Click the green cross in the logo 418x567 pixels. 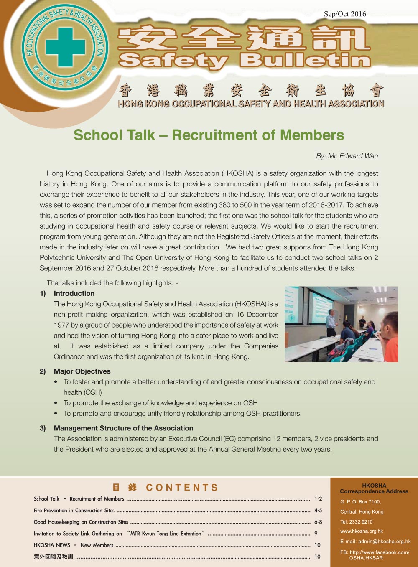(65, 47)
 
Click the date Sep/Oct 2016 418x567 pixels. (345, 14)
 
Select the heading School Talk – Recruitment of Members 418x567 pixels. (209, 135)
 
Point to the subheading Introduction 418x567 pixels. (74, 293)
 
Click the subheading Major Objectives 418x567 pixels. (82, 371)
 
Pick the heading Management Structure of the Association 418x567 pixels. (123, 428)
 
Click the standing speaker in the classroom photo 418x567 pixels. (331, 323)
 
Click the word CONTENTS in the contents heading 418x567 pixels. (182, 488)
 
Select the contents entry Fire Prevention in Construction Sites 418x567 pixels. (74, 510)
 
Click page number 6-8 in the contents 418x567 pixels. (318, 522)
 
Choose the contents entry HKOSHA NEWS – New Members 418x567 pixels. (74, 545)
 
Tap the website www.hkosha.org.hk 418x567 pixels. (362, 531)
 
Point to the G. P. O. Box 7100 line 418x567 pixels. (360, 502)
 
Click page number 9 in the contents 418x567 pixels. (316, 534)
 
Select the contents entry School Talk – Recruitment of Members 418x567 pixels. (79, 498)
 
